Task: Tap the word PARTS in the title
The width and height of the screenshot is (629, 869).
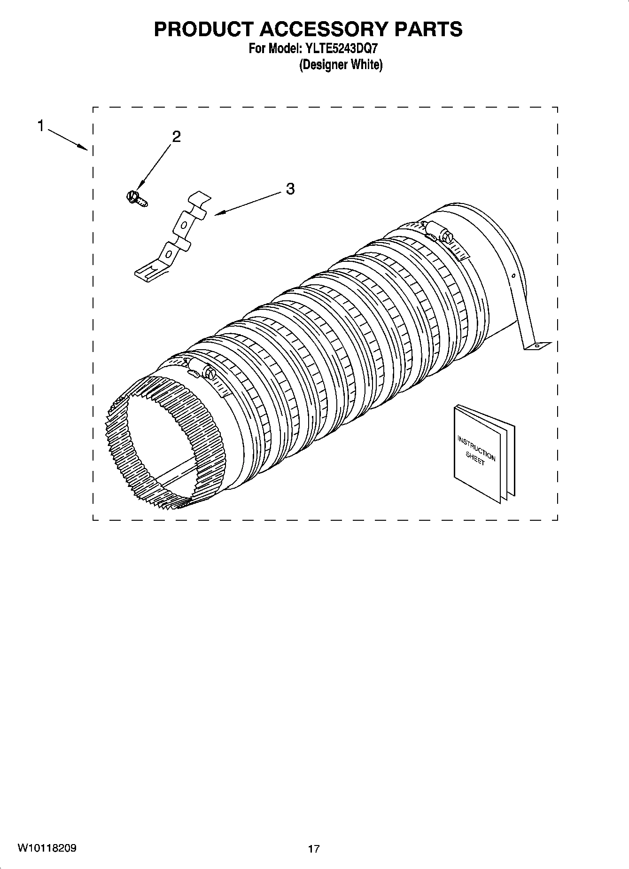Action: coord(428,29)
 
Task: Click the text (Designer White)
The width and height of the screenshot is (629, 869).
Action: coord(341,65)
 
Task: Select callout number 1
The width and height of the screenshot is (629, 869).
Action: coord(41,126)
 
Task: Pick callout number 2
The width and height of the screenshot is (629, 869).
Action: coord(176,137)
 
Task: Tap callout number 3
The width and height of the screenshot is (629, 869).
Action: coord(290,189)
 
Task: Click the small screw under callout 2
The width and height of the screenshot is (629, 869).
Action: coord(136,198)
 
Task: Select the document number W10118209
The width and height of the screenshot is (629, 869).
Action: coord(47,848)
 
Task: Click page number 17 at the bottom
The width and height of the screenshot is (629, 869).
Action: coord(314,849)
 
